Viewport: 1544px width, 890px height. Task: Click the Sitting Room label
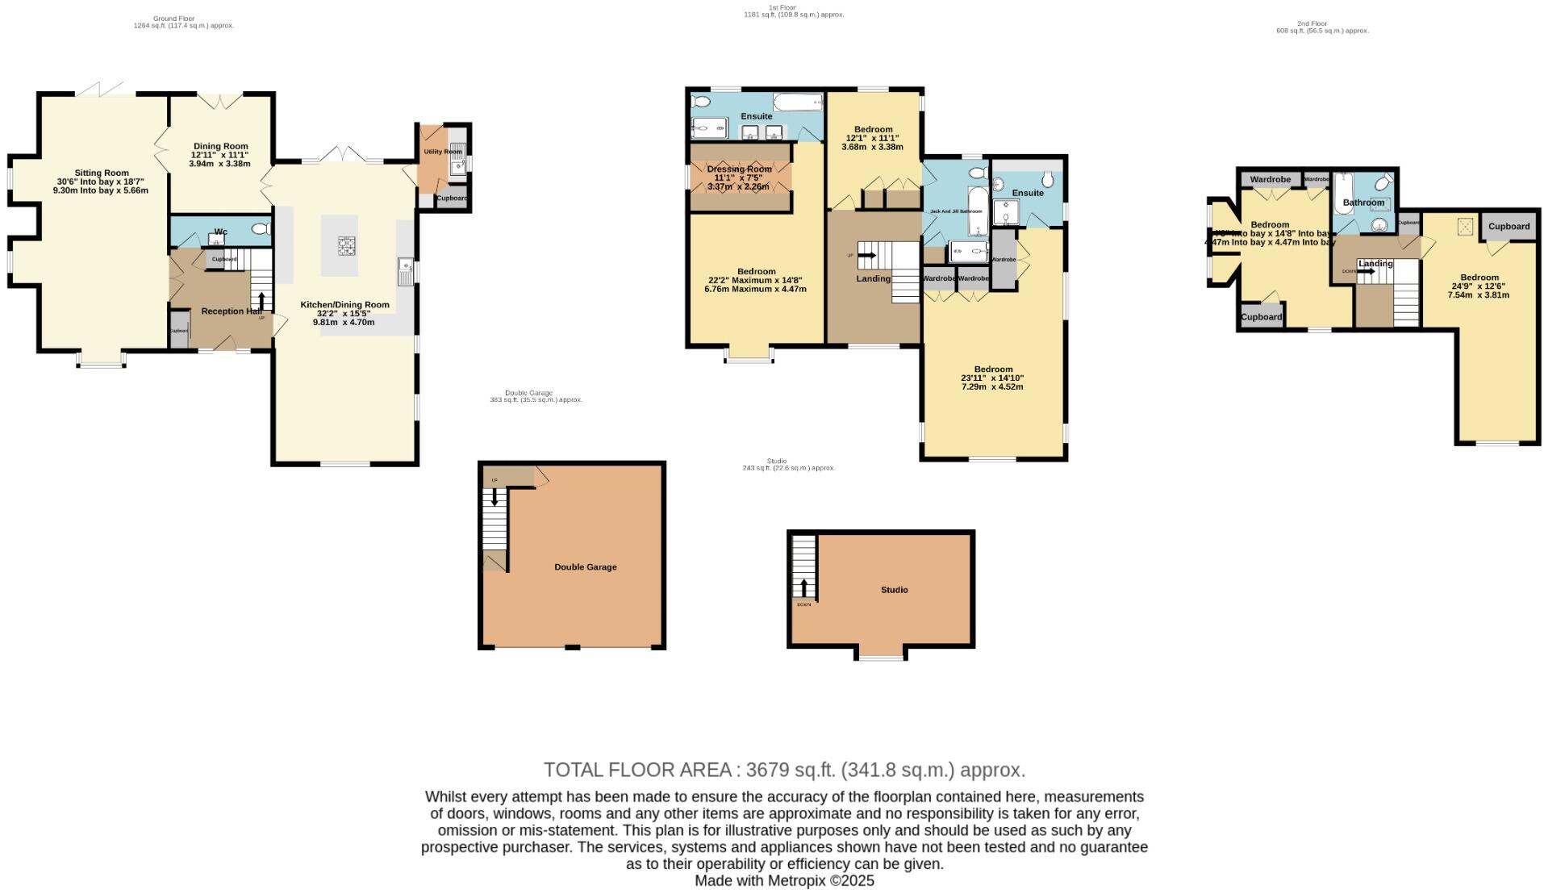(x=102, y=173)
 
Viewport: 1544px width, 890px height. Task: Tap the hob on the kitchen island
(x=345, y=245)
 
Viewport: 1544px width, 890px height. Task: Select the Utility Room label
(x=443, y=152)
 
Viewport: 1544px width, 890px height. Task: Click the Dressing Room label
(x=739, y=169)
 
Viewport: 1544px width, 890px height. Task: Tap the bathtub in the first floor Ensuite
(x=797, y=102)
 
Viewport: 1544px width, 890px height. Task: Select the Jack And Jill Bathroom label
(x=956, y=211)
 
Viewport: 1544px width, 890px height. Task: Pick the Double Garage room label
(x=585, y=567)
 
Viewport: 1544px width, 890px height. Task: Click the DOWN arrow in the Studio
(x=804, y=589)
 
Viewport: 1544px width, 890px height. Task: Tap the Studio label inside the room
(x=894, y=590)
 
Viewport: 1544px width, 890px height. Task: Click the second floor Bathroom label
(x=1363, y=203)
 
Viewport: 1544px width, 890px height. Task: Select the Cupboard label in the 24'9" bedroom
(x=1509, y=227)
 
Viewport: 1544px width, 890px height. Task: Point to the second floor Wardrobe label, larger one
(x=1270, y=179)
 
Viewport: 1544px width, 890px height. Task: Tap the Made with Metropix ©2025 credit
(x=784, y=881)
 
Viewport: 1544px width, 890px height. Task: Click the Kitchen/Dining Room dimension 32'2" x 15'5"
(x=344, y=313)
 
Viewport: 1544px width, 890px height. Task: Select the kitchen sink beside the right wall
(x=404, y=270)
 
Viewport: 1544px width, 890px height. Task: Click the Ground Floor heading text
(x=173, y=19)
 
